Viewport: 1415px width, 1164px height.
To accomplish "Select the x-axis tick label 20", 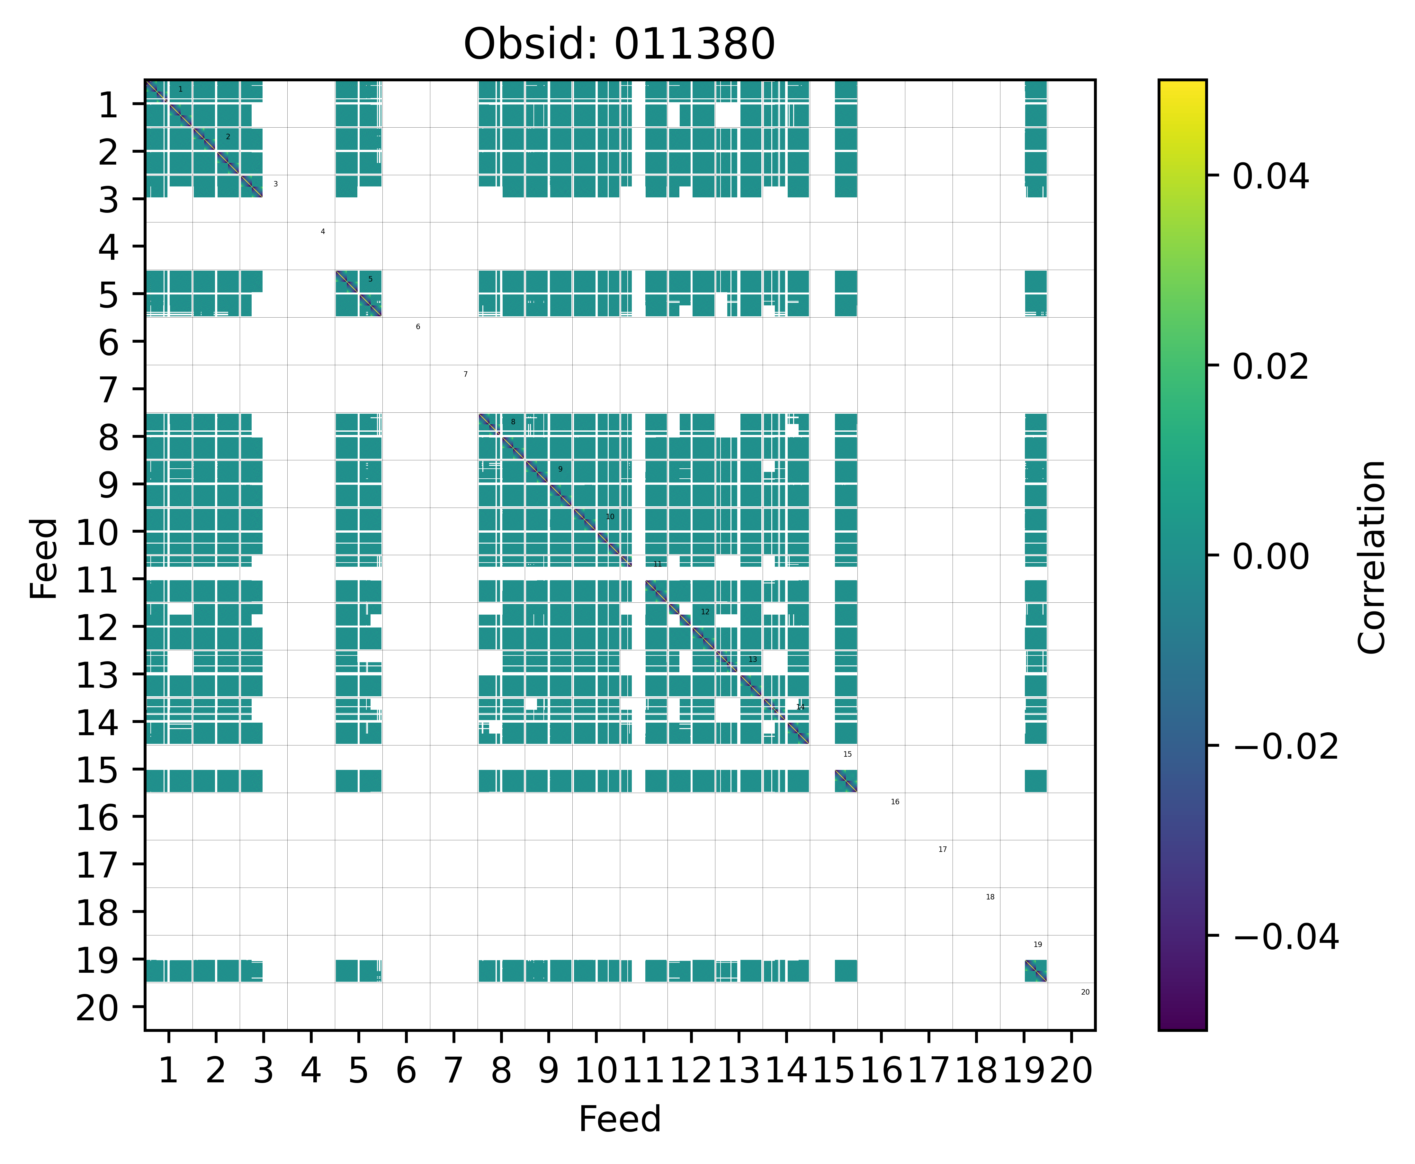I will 1071,1071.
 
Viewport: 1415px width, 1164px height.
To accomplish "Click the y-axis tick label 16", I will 99,818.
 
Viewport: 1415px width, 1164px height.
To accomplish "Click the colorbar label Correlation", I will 1371,556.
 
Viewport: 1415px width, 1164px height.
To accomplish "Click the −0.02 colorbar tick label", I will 1285,746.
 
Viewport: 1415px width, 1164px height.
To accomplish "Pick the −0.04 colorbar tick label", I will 1285,937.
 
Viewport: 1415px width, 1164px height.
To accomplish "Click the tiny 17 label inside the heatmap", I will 943,850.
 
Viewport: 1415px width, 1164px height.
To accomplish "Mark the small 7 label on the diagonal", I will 465,374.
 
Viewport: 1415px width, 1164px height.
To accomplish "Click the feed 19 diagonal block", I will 1035,970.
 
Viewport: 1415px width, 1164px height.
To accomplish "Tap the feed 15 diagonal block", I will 846,781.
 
